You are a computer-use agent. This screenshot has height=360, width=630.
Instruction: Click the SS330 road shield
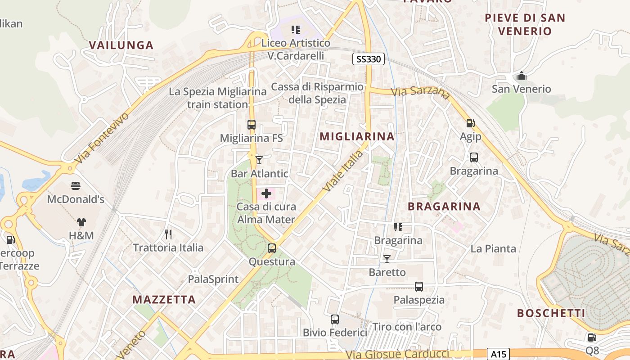pyautogui.click(x=368, y=59)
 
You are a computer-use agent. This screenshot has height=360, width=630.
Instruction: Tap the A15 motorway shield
pyautogui.click(x=498, y=354)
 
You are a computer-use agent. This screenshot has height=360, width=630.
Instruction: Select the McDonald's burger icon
pyautogui.click(x=76, y=186)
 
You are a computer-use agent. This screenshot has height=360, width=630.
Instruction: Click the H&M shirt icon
pyautogui.click(x=81, y=222)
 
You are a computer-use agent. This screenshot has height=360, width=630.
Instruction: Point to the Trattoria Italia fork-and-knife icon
pyautogui.click(x=168, y=234)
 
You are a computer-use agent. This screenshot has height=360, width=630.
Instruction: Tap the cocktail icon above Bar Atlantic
pyautogui.click(x=259, y=160)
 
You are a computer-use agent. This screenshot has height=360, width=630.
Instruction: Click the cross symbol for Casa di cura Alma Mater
pyautogui.click(x=266, y=194)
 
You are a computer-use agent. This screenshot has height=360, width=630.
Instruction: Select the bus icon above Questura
pyautogui.click(x=271, y=248)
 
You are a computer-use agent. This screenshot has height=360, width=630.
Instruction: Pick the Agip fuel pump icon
pyautogui.click(x=470, y=123)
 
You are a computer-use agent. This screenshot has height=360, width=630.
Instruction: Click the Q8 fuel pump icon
pyautogui.click(x=592, y=337)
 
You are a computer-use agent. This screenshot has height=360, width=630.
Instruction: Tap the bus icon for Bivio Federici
pyautogui.click(x=335, y=319)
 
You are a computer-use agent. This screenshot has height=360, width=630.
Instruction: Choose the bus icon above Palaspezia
pyautogui.click(x=419, y=286)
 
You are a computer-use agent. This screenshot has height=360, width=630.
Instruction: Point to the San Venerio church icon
pyautogui.click(x=522, y=76)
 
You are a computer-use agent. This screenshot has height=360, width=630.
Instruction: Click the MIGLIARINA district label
pyautogui.click(x=357, y=137)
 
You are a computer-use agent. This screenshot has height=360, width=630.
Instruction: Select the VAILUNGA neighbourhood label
pyautogui.click(x=121, y=45)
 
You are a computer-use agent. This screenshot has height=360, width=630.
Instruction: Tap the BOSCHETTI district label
pyautogui.click(x=551, y=313)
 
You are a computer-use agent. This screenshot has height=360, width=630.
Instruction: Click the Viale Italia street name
pyautogui.click(x=343, y=171)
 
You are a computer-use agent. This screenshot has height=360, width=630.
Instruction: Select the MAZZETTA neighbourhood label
pyautogui.click(x=164, y=300)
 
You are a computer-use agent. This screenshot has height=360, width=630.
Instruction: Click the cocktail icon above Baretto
pyautogui.click(x=387, y=259)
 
